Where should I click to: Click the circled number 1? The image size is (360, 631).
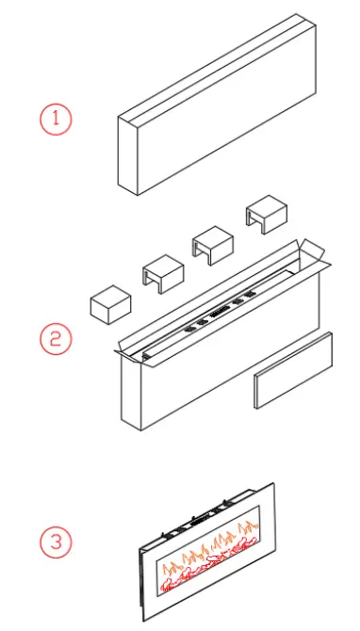point(55,119)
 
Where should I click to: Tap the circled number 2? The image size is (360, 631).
point(55,339)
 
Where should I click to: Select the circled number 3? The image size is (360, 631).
point(55,542)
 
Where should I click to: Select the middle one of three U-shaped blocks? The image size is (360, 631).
point(213,245)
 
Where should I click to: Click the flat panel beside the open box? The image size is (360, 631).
point(292,371)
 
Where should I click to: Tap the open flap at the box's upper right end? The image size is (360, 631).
point(312,255)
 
